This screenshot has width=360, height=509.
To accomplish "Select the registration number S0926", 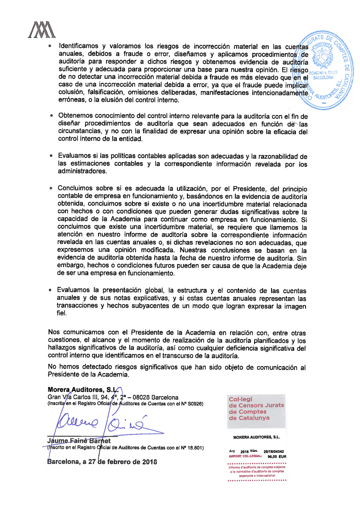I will pyautogui.click(x=194, y=404).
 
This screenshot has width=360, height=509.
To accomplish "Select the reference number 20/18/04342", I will pyautogui.click(x=274, y=451).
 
